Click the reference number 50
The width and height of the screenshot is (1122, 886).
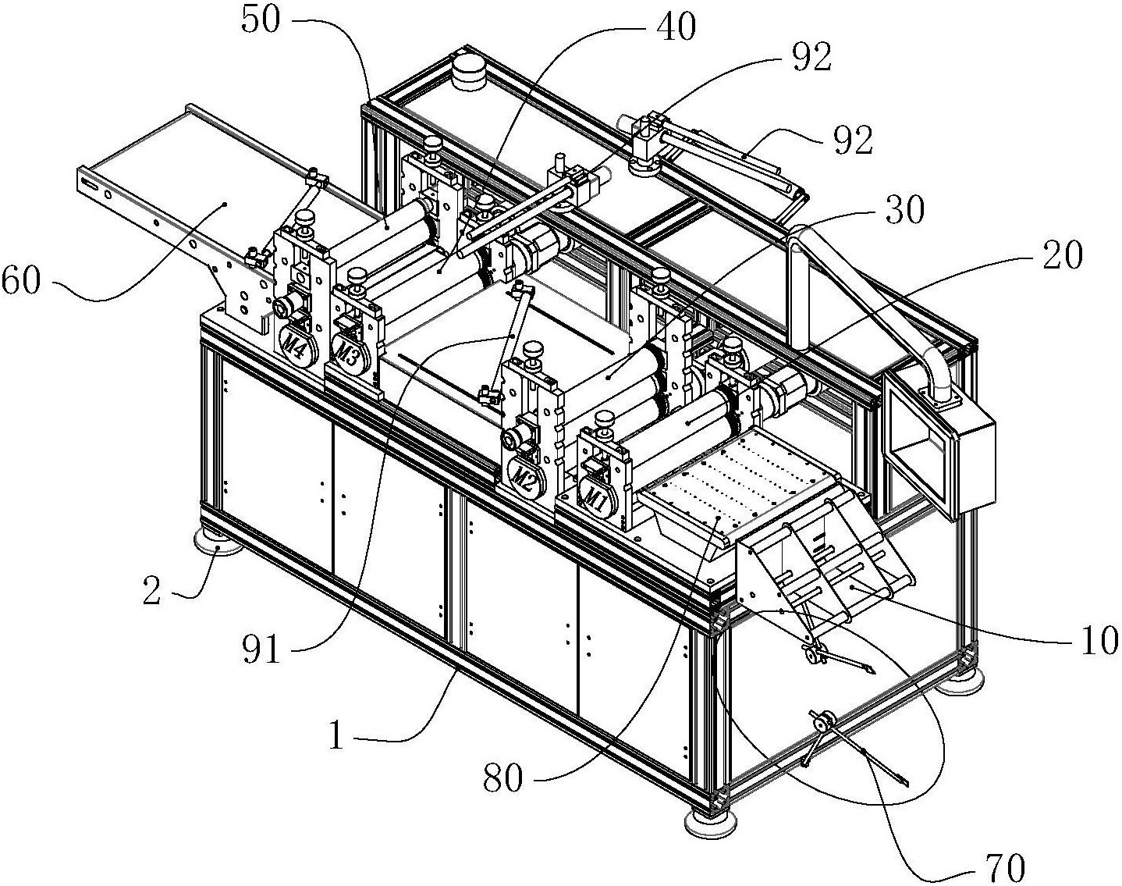pyautogui.click(x=261, y=21)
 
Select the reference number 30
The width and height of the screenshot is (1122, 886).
pyautogui.click(x=900, y=209)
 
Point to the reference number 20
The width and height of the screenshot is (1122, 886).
pyautogui.click(x=1059, y=254)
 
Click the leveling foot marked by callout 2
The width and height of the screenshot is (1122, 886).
pyautogui.click(x=215, y=543)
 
